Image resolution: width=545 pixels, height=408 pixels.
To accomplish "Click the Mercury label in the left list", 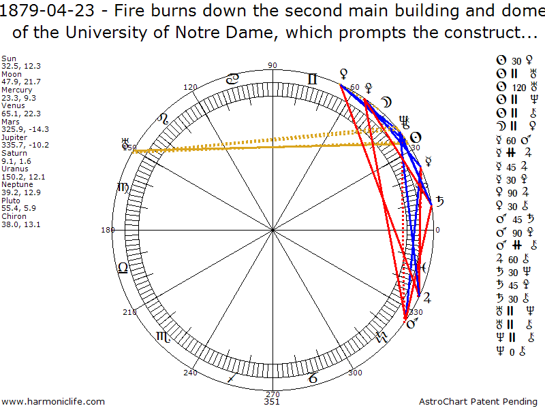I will tap(14, 90).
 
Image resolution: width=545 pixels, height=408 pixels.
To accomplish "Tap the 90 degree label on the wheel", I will tap(272, 65).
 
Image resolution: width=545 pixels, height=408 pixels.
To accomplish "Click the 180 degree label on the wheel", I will tap(107, 230).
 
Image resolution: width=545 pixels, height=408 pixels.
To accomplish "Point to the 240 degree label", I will tap(190, 373).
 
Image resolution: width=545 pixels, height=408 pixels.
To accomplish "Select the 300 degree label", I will tap(355, 373).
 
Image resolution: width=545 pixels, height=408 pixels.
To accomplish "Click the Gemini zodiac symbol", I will tap(312, 80).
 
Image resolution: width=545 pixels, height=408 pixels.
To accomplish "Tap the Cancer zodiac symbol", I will tap(232, 80).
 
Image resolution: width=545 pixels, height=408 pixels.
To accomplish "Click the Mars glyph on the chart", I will tap(411, 324).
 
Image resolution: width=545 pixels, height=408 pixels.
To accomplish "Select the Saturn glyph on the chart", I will tap(441, 201).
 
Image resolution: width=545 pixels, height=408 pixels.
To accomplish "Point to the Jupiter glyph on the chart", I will tap(427, 297).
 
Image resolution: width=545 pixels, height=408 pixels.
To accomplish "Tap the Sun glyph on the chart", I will tap(415, 137).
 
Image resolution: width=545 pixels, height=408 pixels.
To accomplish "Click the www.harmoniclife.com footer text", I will tap(53, 402).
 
